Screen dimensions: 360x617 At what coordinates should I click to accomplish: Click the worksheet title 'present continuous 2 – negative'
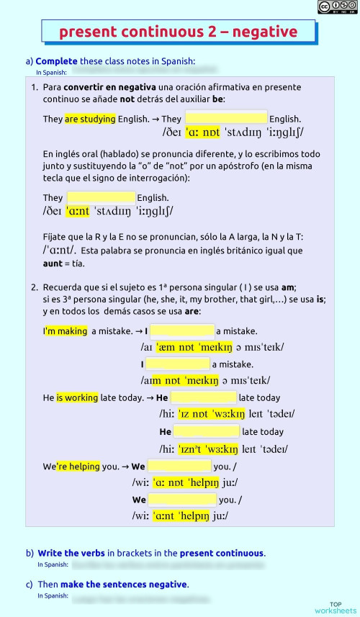[x=178, y=32]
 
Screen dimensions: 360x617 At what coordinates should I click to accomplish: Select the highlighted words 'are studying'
[x=90, y=119]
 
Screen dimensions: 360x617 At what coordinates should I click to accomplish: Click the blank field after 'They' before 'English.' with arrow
[x=226, y=118]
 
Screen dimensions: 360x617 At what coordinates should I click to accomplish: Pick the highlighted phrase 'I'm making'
[x=66, y=331]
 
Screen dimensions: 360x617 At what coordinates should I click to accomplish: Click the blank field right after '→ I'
[x=182, y=331]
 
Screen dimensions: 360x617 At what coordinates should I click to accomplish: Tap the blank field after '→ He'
[x=203, y=397]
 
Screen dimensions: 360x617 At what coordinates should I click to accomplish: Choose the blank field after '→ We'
[x=179, y=466]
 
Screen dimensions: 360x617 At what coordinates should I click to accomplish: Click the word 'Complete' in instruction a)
[x=56, y=61]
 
